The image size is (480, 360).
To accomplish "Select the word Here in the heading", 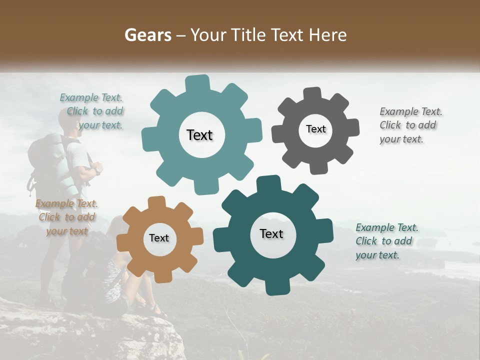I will click(328, 35).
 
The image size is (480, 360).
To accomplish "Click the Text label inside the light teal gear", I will click(199, 135).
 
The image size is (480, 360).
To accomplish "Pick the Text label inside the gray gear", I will click(315, 129).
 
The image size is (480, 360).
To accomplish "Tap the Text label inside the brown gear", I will click(159, 238).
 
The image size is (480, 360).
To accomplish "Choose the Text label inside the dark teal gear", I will click(271, 233).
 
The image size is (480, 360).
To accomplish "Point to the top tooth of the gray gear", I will click(313, 93).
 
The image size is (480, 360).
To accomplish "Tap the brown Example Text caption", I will click(67, 217).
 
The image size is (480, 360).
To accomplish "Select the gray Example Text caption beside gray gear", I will click(410, 125).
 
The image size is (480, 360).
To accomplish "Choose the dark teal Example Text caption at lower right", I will click(386, 241).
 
